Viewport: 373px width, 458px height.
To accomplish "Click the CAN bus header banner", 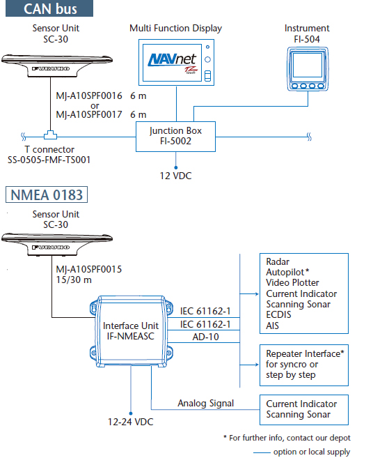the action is [x=49, y=8].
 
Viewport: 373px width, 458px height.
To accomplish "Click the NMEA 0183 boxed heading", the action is [x=47, y=194].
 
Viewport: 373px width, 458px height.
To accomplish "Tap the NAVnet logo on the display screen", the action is [x=173, y=60].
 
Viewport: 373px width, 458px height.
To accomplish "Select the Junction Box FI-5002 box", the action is [x=175, y=137].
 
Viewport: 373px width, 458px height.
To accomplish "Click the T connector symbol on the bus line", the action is [x=50, y=135].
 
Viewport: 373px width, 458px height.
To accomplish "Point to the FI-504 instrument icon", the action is [x=308, y=69].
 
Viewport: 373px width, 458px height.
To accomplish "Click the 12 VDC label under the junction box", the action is [x=175, y=176].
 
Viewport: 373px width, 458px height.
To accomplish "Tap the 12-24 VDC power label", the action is [x=130, y=422].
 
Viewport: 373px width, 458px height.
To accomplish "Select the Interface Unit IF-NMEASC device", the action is [x=131, y=331].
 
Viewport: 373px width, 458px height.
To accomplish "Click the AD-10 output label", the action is [x=205, y=337].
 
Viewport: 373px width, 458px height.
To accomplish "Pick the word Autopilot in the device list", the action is [x=285, y=273].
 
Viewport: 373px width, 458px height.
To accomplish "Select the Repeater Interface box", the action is [x=304, y=365].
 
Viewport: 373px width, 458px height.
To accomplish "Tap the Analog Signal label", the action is [x=205, y=404].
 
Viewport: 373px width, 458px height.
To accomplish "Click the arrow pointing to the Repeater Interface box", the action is [x=249, y=365].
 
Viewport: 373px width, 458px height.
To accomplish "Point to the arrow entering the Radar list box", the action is [x=249, y=294].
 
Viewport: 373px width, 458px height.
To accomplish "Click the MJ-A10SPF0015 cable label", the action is [x=88, y=269].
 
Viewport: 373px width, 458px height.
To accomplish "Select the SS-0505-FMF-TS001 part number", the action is [x=49, y=160].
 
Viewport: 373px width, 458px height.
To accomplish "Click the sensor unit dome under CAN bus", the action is [x=57, y=66].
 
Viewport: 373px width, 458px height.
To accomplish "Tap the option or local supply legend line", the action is [x=262, y=452].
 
